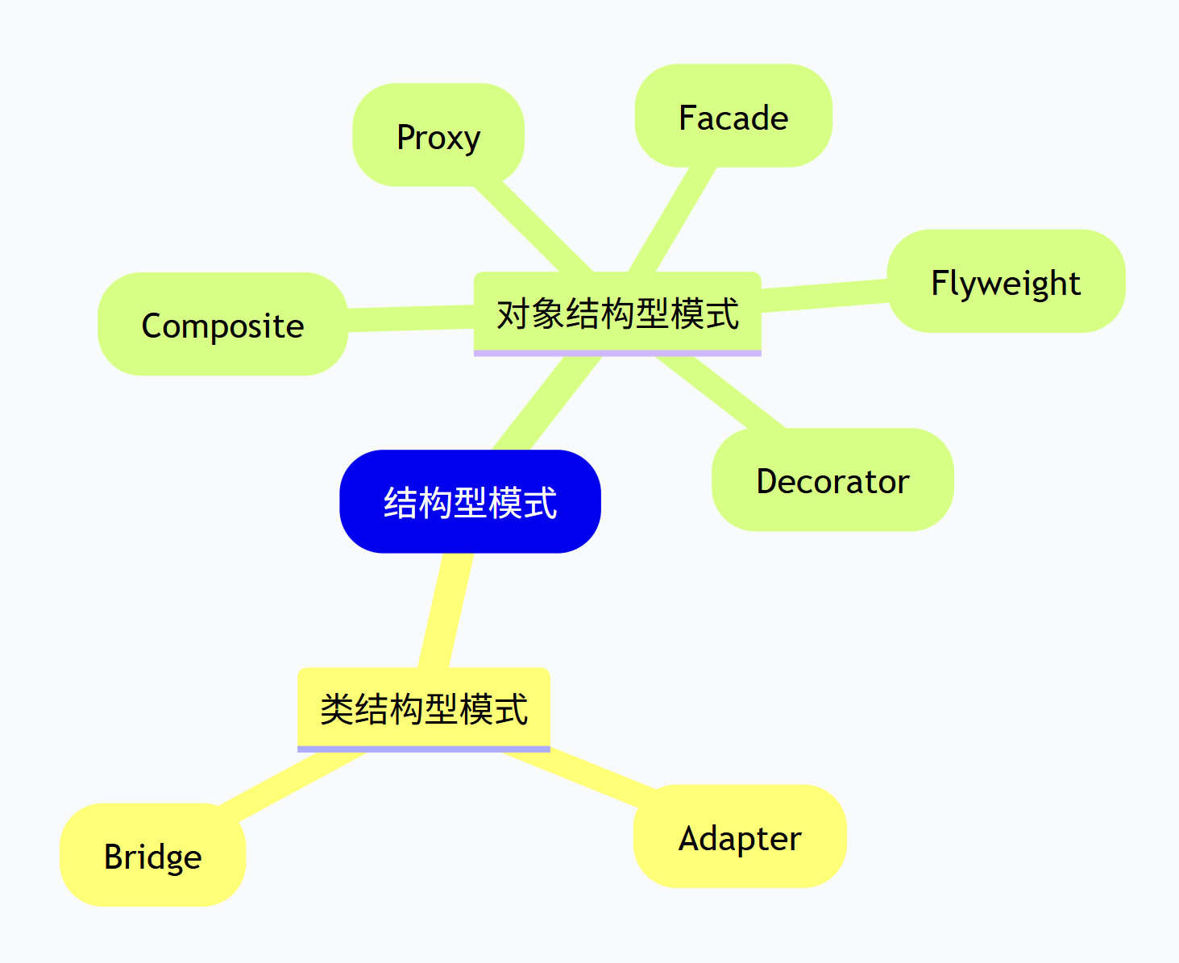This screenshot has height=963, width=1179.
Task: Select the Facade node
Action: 733,116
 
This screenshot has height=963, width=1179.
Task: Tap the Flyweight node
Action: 1006,281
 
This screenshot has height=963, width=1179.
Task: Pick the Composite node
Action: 222,324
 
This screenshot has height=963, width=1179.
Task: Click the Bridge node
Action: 152,855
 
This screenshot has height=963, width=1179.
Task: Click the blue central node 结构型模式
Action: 470,501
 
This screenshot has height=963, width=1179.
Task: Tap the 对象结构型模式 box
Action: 617,312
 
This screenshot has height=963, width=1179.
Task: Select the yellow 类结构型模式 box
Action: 424,708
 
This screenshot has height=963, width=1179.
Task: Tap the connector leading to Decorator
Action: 720,392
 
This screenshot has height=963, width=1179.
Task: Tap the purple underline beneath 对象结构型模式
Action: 617,353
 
